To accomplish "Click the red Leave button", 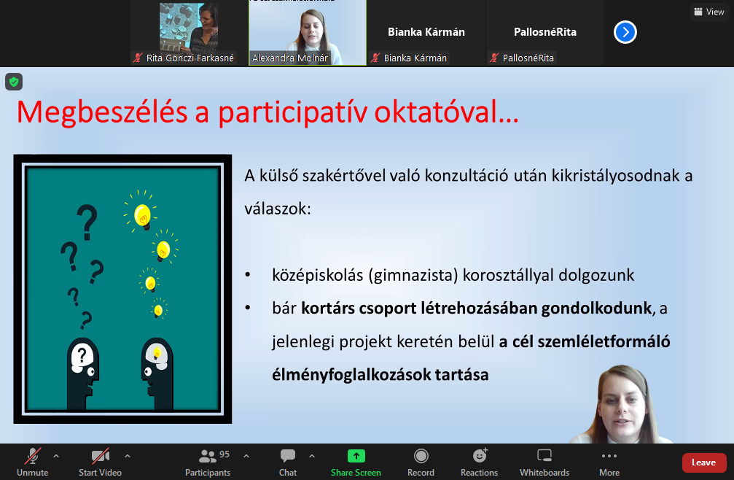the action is (x=703, y=462).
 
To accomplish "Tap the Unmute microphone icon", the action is (x=33, y=456).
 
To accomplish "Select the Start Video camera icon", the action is (x=100, y=456).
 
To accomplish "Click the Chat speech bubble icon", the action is (x=287, y=456).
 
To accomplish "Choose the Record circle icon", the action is (x=421, y=456).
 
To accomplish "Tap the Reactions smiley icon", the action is (x=480, y=455).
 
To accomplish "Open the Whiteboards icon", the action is (x=544, y=456).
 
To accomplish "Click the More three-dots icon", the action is (x=609, y=456).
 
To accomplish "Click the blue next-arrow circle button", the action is (x=625, y=32).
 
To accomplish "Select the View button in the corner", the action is (x=709, y=12).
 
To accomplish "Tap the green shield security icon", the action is (x=14, y=82).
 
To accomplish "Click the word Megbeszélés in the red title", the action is (x=102, y=112).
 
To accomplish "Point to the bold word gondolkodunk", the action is (x=596, y=308).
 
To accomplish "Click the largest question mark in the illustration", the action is (x=87, y=222).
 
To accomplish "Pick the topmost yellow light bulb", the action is (x=142, y=215).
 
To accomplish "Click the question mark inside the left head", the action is (x=82, y=355).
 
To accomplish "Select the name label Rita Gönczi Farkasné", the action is (x=190, y=58).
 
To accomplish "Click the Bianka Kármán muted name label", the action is (x=415, y=58).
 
